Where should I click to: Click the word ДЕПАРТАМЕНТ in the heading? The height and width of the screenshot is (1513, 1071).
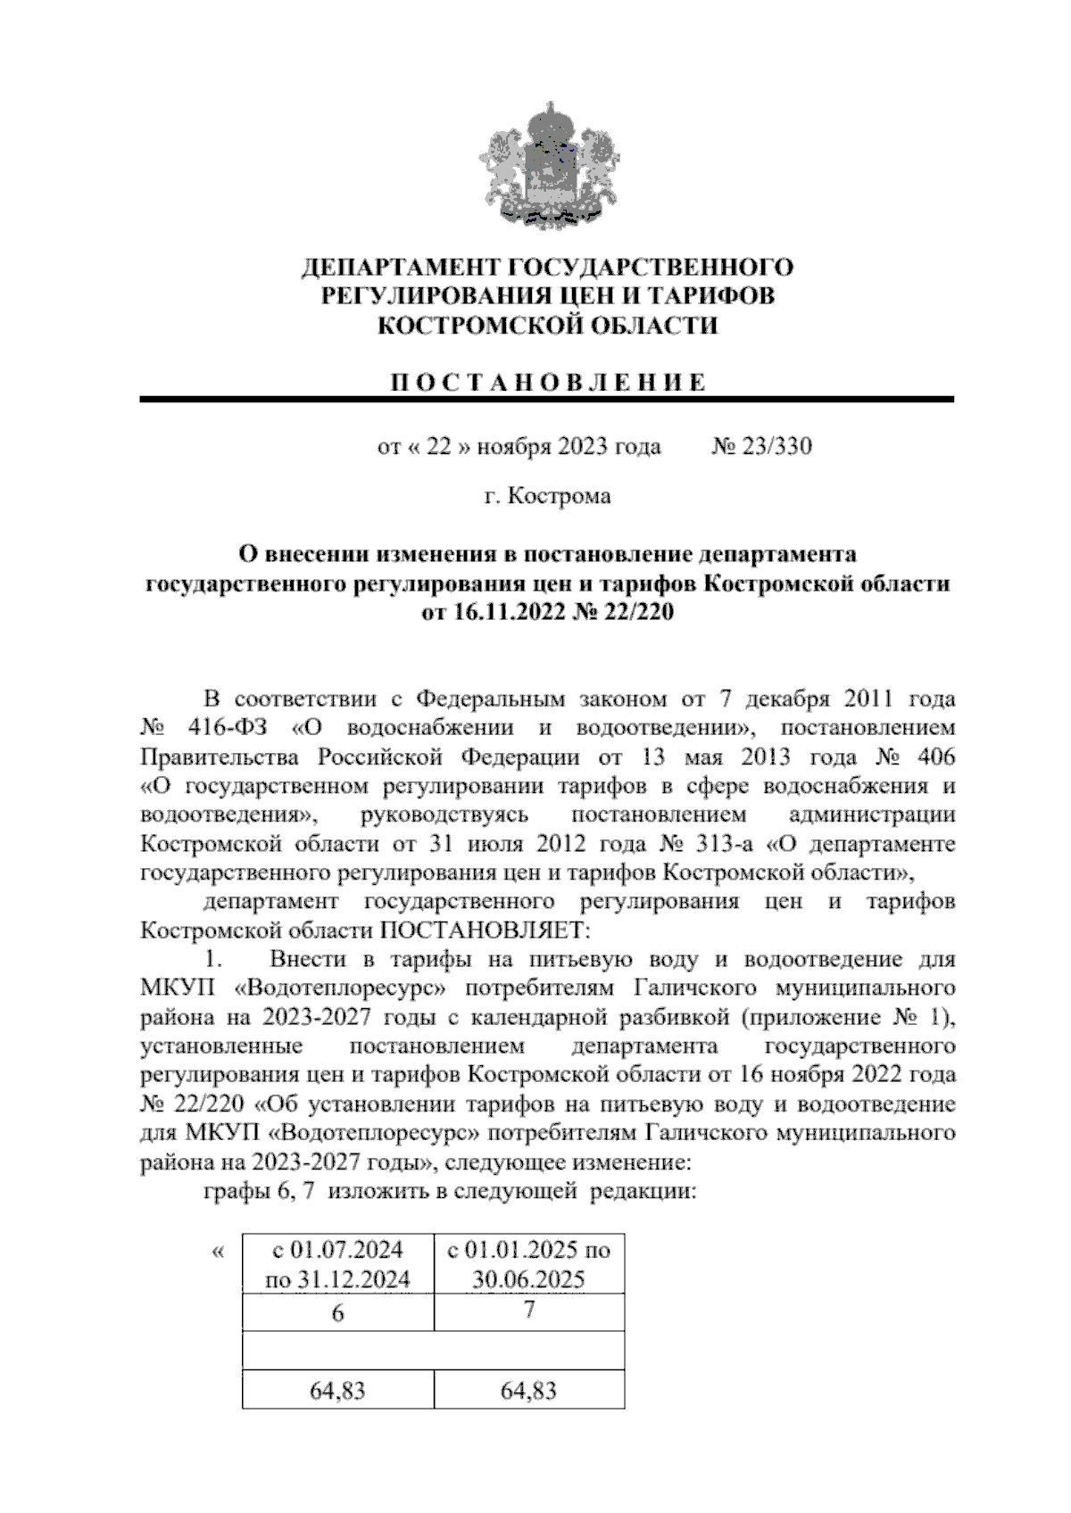(x=401, y=268)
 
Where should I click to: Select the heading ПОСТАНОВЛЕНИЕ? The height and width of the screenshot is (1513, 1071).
(x=548, y=383)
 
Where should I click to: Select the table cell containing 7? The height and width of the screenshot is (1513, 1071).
(x=529, y=1311)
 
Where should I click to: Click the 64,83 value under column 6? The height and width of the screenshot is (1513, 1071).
(x=337, y=1390)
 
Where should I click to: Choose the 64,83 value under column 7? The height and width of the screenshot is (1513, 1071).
(x=529, y=1390)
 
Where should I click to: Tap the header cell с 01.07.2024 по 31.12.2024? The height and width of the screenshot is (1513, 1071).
(x=337, y=1264)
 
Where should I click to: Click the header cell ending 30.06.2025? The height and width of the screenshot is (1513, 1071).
(x=529, y=1264)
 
